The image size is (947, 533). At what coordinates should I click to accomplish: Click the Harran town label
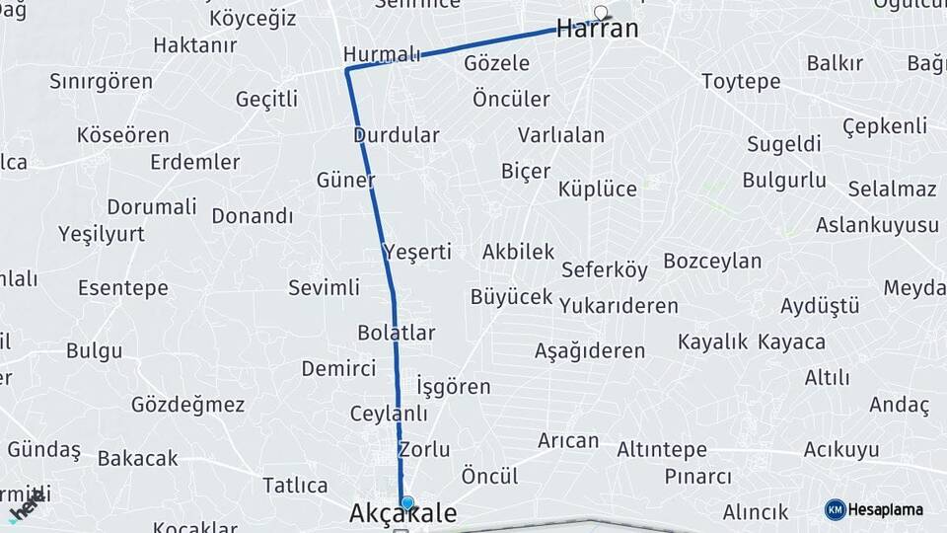coord(597,29)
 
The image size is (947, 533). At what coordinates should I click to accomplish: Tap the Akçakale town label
coord(403,514)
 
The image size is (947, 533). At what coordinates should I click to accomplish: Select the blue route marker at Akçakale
coord(406,502)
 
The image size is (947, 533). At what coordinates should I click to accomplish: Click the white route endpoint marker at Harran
coord(601,13)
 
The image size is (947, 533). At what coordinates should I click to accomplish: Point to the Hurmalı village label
coord(382,53)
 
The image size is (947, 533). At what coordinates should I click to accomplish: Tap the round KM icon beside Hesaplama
coord(835,509)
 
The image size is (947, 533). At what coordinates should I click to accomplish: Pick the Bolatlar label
coord(396,332)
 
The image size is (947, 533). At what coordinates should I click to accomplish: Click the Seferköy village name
coord(605,269)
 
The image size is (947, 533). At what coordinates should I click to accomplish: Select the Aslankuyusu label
coord(877,225)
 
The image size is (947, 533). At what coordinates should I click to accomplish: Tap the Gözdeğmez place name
coord(187,405)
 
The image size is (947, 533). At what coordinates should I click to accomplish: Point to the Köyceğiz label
coord(253,19)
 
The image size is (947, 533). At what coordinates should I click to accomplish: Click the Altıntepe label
coord(662,450)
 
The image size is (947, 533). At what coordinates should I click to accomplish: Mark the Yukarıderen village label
coord(619,306)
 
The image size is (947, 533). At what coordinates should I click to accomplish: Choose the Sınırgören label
coord(101,81)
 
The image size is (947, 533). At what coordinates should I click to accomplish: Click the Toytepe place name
coord(741,81)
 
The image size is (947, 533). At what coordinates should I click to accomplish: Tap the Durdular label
coord(396,135)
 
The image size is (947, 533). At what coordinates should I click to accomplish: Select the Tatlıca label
coord(295,486)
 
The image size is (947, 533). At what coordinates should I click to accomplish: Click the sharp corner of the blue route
coord(347,69)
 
